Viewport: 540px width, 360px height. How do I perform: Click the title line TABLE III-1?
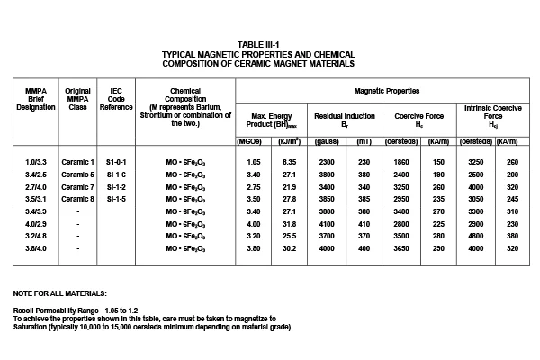271,43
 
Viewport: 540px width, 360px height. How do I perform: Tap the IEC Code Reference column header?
115,98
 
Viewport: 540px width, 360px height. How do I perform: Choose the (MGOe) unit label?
249,140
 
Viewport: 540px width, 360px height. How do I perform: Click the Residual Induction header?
346,116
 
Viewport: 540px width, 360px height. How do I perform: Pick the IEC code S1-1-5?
115,197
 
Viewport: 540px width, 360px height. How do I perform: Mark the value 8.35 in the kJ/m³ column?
291,161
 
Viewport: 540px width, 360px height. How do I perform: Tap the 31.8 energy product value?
291,221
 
